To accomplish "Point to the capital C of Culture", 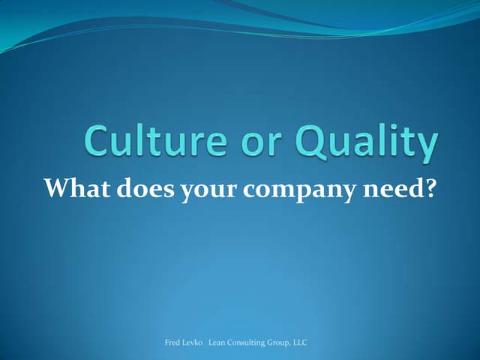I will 100,142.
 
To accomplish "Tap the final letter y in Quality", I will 425,146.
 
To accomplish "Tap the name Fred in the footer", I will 172,342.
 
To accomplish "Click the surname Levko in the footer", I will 193,342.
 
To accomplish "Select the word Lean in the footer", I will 218,342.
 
